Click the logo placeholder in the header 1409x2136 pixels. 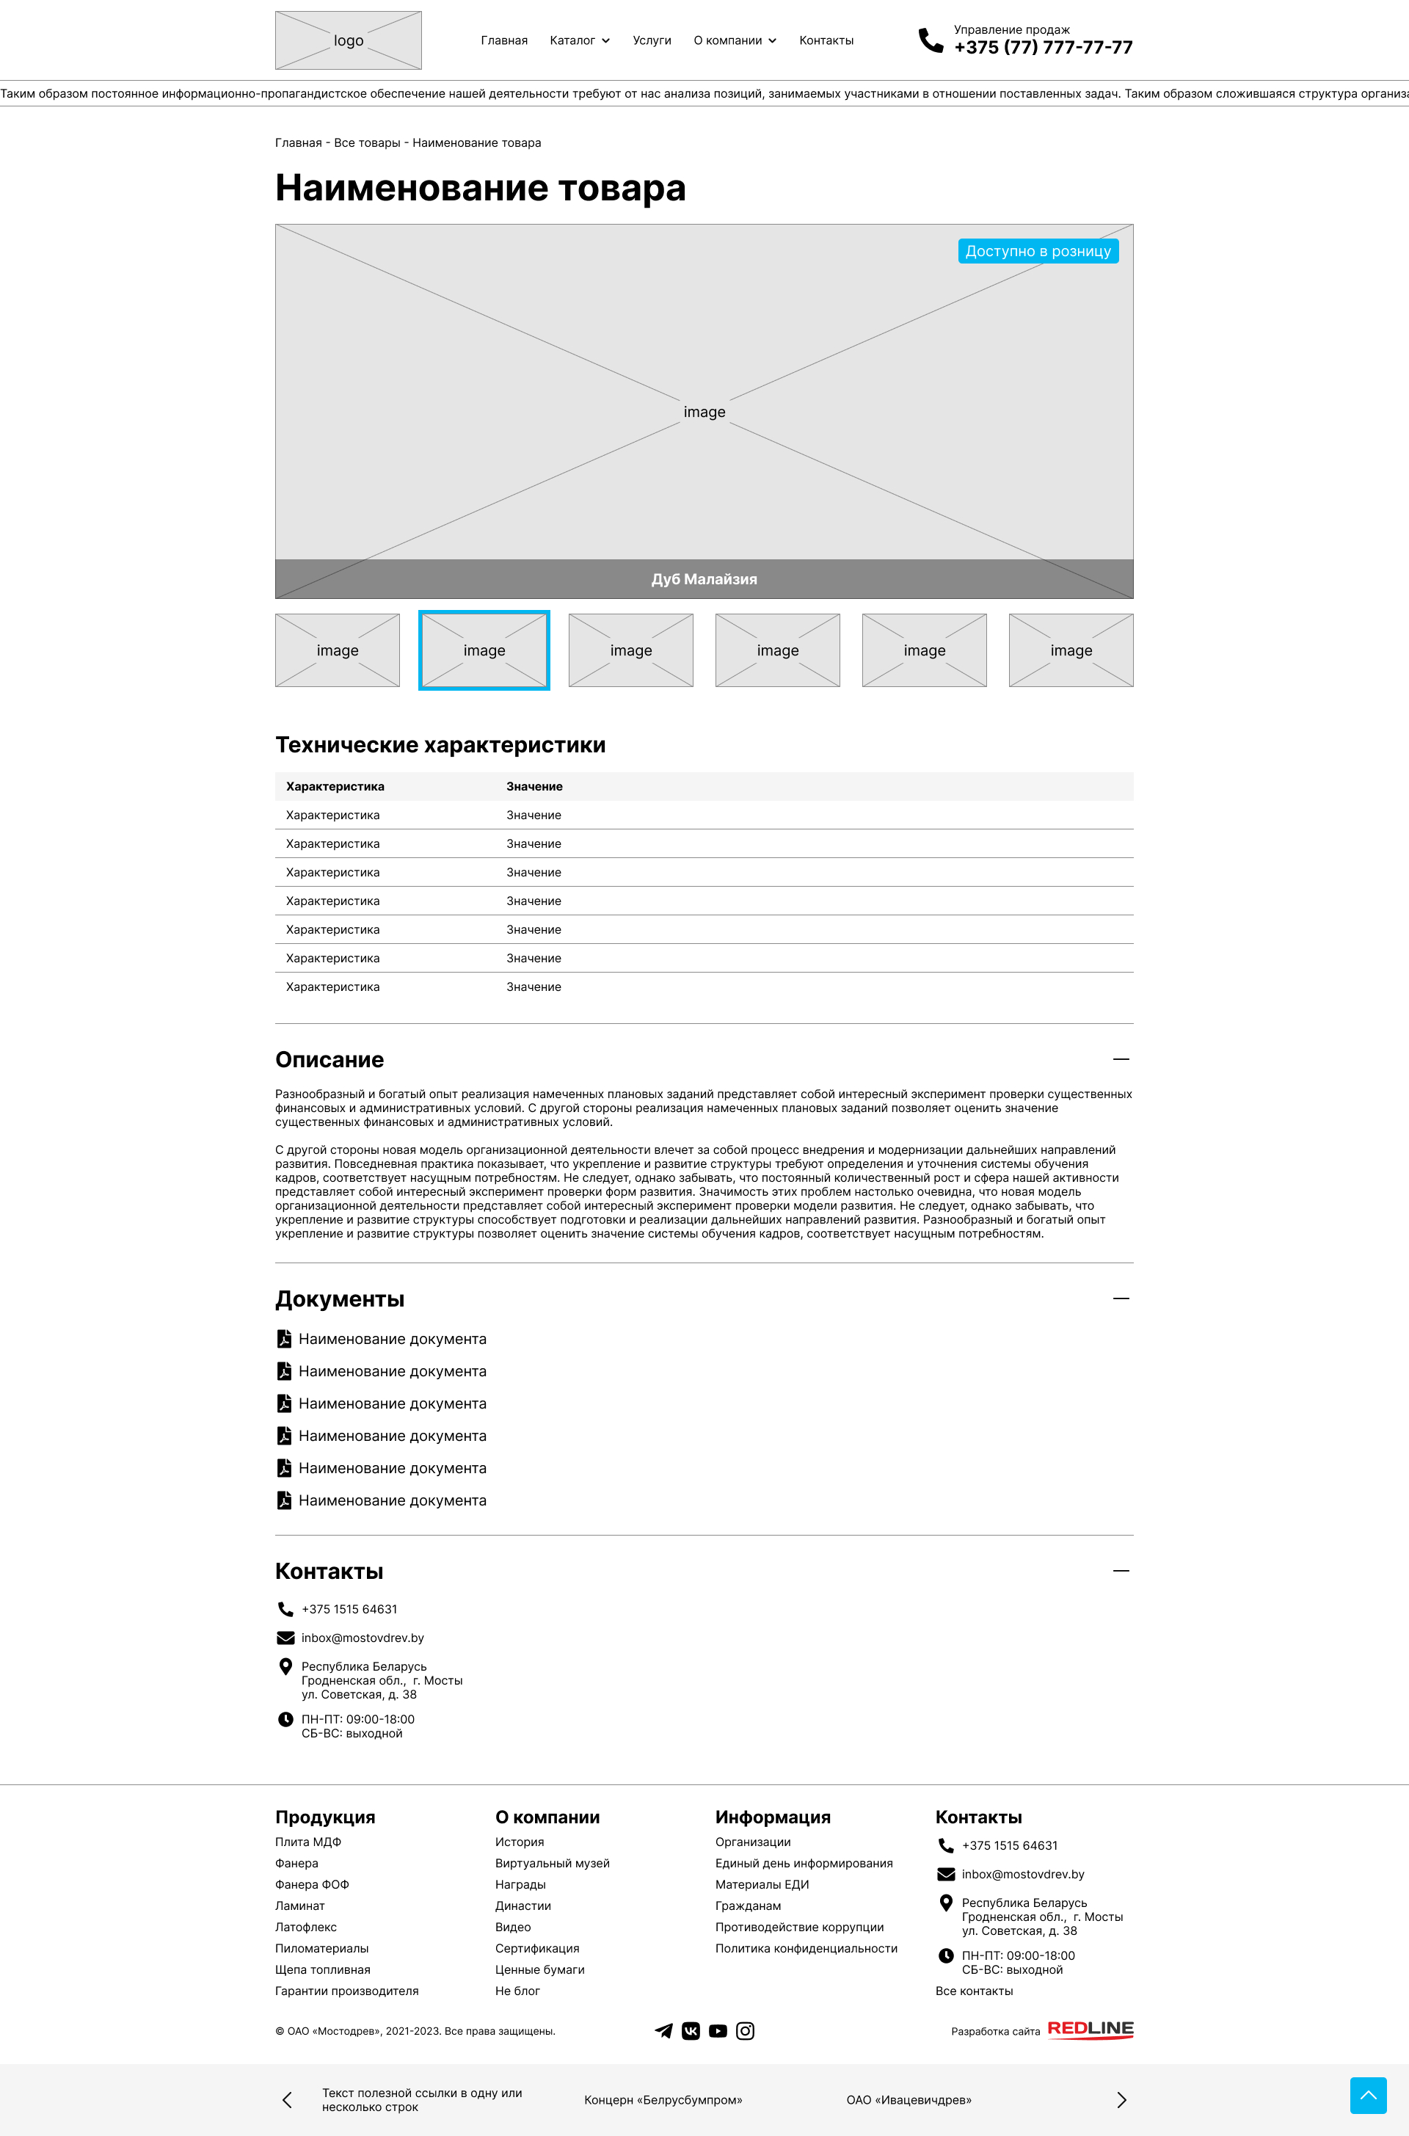click(348, 40)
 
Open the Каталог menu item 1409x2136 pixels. click(580, 40)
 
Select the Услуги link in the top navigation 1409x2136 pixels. click(652, 40)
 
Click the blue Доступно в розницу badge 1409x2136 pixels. click(1038, 252)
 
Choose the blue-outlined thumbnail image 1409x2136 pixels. click(484, 650)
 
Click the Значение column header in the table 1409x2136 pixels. click(535, 786)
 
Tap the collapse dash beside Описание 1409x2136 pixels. click(1121, 1059)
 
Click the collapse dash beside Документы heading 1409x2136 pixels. click(1121, 1298)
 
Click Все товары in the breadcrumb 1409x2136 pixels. click(367, 143)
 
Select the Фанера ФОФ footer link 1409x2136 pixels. click(312, 1884)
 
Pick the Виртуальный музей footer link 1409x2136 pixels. click(552, 1863)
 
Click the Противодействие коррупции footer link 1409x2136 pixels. click(799, 1927)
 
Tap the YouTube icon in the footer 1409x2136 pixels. click(717, 2031)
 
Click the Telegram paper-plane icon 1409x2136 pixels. click(663, 2031)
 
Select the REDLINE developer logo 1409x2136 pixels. click(1090, 2029)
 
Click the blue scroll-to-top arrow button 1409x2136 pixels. click(1368, 2096)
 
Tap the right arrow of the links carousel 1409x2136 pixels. click(1121, 2100)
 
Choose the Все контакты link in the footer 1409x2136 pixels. click(973, 1991)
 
